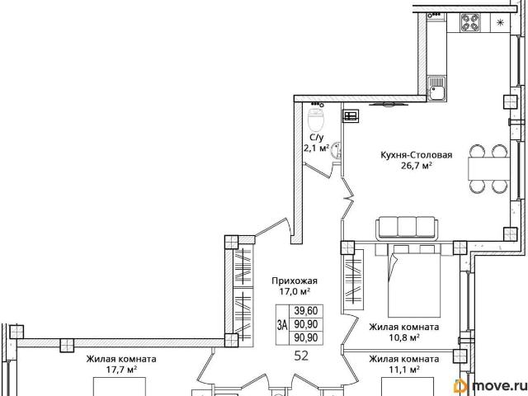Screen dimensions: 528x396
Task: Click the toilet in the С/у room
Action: point(316,120)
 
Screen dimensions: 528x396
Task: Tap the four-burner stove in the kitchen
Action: point(470,22)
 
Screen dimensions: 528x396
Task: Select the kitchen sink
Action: point(436,88)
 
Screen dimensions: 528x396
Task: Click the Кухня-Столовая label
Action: point(416,155)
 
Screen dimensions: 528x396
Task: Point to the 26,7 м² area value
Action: point(417,166)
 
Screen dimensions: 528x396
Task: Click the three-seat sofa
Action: point(407,229)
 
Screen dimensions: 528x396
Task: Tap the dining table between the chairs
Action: point(489,168)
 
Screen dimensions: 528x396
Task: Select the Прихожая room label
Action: point(295,280)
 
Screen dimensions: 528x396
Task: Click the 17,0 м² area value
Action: point(295,291)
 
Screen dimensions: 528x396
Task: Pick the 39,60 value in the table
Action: point(306,310)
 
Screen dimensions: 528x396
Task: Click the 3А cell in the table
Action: point(282,325)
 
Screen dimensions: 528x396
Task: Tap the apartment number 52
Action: point(301,356)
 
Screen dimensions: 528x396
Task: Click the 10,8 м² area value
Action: point(404,337)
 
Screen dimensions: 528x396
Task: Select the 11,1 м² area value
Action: point(404,370)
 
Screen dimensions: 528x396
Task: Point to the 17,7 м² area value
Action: point(121,370)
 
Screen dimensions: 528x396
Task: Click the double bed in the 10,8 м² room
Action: point(414,280)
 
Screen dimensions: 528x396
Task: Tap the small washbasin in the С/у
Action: point(336,150)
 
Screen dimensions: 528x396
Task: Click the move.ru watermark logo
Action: point(489,386)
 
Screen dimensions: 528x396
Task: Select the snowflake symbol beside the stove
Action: point(501,22)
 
